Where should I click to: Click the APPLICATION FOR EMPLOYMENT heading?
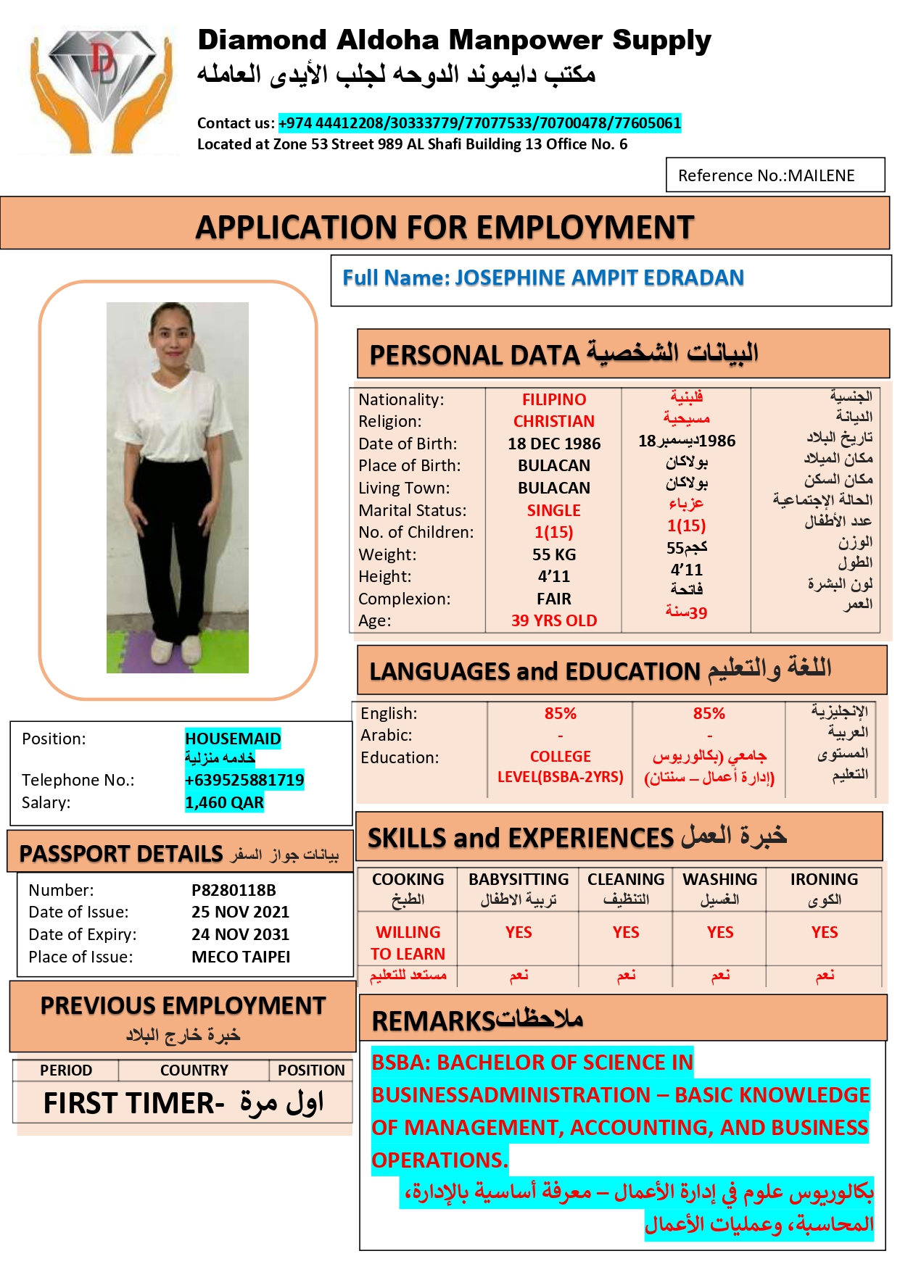(x=445, y=228)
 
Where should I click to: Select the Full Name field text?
(x=543, y=278)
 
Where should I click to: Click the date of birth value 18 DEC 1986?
(x=554, y=444)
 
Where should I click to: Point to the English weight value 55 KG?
(x=554, y=554)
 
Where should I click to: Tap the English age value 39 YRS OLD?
(x=554, y=620)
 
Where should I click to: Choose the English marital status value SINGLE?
(x=554, y=510)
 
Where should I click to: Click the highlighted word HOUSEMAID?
(x=233, y=739)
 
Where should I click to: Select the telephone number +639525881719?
(x=244, y=780)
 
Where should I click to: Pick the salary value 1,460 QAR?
(x=224, y=802)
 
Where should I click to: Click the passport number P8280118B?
(x=234, y=890)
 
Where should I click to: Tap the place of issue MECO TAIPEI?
(x=241, y=957)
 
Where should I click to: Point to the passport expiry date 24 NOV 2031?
(x=240, y=934)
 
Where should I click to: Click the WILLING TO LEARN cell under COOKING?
(x=408, y=942)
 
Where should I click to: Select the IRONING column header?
(x=824, y=880)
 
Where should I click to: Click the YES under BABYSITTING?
(x=519, y=932)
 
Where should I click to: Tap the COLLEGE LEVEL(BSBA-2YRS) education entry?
(x=560, y=767)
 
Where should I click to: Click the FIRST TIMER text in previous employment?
(x=133, y=1103)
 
